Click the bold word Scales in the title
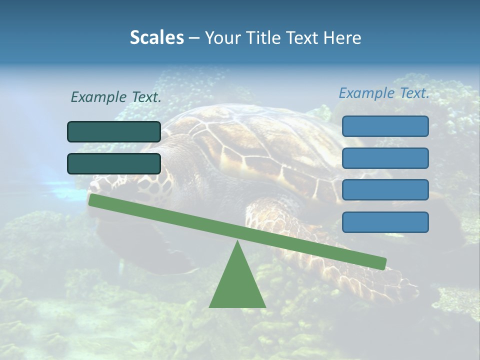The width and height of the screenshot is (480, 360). [157, 37]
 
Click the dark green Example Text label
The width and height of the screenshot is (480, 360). [116, 97]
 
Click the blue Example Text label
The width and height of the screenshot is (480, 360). [384, 93]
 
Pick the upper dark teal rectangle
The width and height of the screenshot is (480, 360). [114, 131]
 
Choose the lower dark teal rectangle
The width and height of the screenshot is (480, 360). [114, 163]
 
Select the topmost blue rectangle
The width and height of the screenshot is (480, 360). [385, 126]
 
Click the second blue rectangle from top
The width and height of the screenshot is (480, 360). [385, 158]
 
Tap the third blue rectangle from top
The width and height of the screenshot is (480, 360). [385, 190]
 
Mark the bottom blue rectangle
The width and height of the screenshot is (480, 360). [385, 222]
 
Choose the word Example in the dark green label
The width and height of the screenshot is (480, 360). [98, 97]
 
